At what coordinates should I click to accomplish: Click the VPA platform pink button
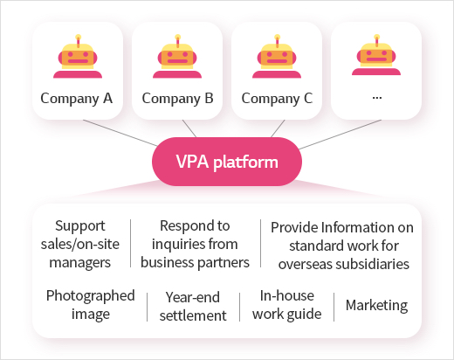click(x=227, y=162)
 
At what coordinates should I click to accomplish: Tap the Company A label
click(x=77, y=99)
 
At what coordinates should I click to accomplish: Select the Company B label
click(x=177, y=99)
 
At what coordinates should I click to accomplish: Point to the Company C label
click(x=277, y=99)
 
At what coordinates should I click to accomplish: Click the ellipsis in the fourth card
click(x=377, y=98)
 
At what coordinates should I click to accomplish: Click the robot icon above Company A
click(x=78, y=56)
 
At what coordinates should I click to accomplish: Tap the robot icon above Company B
click(x=177, y=56)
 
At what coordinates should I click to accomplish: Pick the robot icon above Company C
click(x=277, y=56)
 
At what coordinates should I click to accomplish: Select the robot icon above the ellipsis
click(x=376, y=55)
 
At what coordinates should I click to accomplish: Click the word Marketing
click(x=376, y=306)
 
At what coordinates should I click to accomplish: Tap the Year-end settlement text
click(x=193, y=307)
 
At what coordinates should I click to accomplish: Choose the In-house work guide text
click(x=287, y=305)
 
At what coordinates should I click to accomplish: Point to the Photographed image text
click(x=91, y=305)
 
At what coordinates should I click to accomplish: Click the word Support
click(x=80, y=226)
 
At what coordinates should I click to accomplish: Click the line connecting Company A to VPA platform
click(x=120, y=133)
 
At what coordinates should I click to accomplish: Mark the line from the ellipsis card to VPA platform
click(x=340, y=135)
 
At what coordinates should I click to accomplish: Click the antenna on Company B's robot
click(x=177, y=41)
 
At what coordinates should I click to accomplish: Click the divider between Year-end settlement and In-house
click(x=239, y=307)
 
